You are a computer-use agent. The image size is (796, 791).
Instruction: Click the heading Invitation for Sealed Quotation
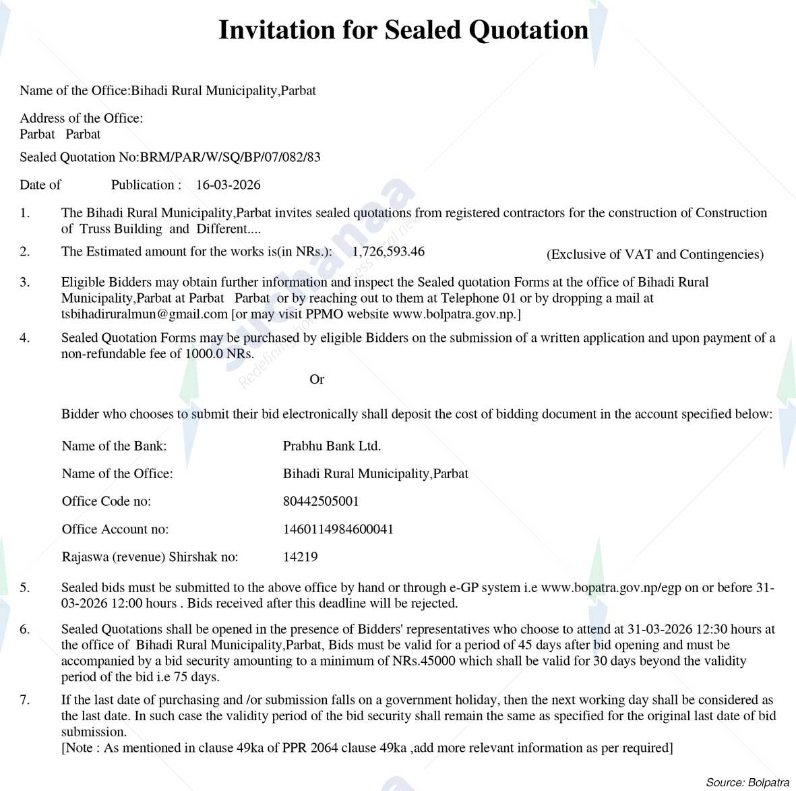coord(403,30)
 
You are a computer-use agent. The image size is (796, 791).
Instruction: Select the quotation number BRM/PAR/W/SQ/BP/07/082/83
coord(231,157)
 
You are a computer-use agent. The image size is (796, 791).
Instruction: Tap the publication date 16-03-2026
coord(228,185)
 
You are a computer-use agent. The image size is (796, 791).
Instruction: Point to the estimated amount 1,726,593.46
coord(388,252)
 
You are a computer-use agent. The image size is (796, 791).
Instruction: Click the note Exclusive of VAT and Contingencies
coord(654,254)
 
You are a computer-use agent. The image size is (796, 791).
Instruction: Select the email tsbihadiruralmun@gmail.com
coord(144,314)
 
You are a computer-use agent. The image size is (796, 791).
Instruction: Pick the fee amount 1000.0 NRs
coord(220,354)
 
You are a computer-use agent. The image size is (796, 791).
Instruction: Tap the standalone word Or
coord(317,380)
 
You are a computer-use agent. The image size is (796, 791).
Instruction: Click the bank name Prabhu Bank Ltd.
coord(332,446)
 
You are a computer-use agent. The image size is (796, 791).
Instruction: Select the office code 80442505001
coord(321,501)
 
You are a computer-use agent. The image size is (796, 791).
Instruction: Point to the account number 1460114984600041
coord(338,529)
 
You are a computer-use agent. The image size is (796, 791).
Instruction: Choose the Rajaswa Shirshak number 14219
coord(300,557)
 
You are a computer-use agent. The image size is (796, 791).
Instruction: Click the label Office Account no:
coord(115,529)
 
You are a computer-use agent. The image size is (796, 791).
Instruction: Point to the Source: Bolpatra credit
coord(747,782)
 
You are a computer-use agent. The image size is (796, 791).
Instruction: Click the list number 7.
coord(24,700)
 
